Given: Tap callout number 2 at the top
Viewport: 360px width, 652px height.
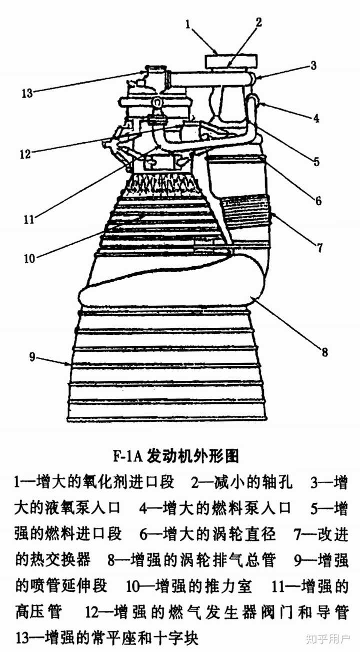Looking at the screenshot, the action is click(258, 22).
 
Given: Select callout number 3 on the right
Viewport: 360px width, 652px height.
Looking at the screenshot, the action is click(313, 65).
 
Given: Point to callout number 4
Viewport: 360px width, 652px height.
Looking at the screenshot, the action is click(316, 119).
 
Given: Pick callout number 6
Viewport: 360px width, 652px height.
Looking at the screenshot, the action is click(318, 201).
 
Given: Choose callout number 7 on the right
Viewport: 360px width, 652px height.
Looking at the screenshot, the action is click(320, 247).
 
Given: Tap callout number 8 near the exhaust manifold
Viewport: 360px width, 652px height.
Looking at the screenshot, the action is click(324, 352).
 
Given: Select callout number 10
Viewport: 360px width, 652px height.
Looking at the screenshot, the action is click(30, 259).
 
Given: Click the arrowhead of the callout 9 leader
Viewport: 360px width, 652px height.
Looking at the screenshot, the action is click(69, 364).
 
